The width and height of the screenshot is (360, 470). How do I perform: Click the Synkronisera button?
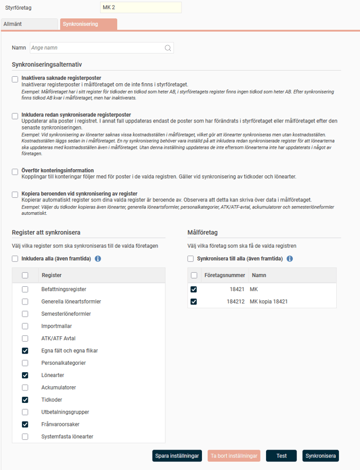pos(321,456)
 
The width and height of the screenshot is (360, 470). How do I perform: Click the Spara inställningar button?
pos(177,456)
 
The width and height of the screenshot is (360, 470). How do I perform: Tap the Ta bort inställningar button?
pos(234,456)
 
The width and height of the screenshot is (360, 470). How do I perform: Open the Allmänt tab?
pos(29,24)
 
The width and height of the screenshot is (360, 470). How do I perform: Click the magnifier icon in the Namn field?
pos(168,48)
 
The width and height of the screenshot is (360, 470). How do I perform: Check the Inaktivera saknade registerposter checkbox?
pos(15,79)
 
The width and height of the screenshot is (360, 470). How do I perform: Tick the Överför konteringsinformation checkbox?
pos(15,172)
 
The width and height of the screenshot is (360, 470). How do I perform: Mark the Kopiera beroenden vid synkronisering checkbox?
pos(15,194)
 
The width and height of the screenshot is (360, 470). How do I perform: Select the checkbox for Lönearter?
pos(25,375)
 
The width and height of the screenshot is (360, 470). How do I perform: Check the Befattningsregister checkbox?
pos(25,289)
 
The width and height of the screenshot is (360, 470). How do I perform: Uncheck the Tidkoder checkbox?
pos(25,400)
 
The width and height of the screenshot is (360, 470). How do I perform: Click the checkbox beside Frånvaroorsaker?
pos(25,424)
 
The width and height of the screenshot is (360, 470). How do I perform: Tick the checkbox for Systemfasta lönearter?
pos(25,437)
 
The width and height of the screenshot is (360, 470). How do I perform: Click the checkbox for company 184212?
pos(194,301)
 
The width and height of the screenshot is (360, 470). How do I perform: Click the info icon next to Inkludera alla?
pos(98,259)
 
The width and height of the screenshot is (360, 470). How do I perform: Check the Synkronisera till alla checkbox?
pos(191,259)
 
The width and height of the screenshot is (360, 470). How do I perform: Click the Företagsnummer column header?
pos(225,275)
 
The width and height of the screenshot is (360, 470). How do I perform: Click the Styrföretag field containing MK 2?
pos(141,7)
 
